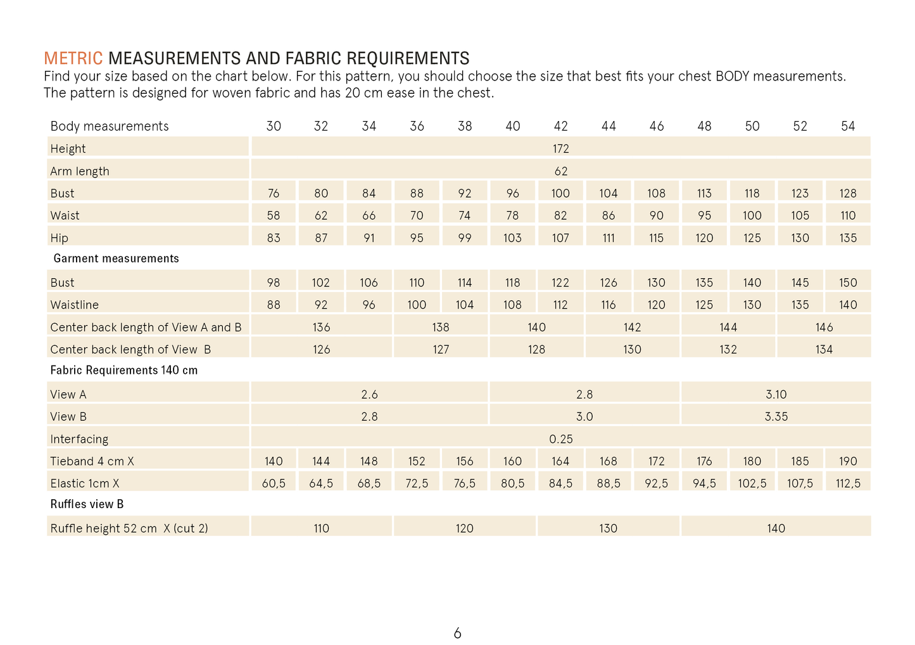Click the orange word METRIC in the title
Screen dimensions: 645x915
point(73,59)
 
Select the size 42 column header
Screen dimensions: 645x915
point(560,126)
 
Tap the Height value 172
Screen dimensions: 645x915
point(560,149)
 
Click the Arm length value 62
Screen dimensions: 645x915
point(560,171)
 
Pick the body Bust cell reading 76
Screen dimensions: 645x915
point(274,193)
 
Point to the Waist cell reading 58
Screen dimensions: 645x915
point(274,215)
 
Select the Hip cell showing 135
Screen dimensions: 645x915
point(848,238)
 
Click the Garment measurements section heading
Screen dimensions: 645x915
point(116,259)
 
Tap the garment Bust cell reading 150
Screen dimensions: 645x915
point(848,283)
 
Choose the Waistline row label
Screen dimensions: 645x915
point(75,305)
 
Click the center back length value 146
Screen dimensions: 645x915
point(824,328)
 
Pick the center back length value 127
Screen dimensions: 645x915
point(441,350)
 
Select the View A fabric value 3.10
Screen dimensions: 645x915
point(776,395)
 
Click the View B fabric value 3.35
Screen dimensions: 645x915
point(776,417)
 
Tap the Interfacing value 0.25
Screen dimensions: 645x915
point(560,439)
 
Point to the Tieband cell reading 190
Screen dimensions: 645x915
point(848,461)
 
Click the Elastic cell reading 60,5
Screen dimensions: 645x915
point(274,483)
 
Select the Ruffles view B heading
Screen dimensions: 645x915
point(87,504)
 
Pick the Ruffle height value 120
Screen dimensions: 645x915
point(464,528)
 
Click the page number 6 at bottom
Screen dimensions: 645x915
point(457,633)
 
